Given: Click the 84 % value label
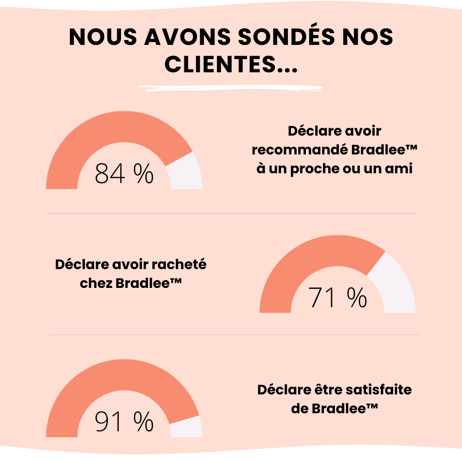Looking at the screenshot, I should click(x=124, y=174).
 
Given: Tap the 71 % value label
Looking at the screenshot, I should click(x=338, y=298).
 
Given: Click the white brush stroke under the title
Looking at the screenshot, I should click(x=231, y=89).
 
